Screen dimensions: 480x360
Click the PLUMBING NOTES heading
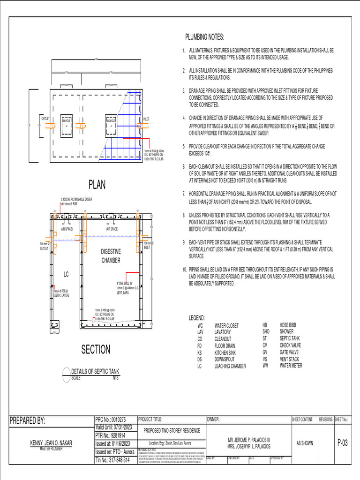point(204,37)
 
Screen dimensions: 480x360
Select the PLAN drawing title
point(97,185)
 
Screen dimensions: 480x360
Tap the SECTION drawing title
point(96,350)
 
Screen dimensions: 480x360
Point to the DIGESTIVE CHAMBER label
point(111,256)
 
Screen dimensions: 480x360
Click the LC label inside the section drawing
point(67,274)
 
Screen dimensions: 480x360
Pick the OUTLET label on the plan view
point(45,120)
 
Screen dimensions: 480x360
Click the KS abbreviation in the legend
point(200,352)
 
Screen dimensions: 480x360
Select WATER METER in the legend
point(291,365)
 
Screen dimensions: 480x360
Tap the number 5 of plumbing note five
point(184,146)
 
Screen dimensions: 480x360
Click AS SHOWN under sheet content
point(305,443)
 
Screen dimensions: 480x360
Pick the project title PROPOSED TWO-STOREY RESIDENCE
point(172,430)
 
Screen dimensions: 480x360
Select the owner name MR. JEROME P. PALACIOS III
point(248,440)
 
